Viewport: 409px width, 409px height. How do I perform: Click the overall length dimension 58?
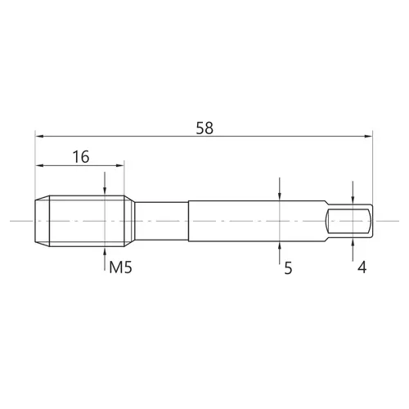[204, 128]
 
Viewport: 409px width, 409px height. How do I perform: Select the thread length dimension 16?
[81, 157]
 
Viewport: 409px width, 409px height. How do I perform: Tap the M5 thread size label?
[120, 267]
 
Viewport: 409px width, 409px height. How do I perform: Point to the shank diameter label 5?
[288, 268]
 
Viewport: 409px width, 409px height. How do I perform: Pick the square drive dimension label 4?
[362, 267]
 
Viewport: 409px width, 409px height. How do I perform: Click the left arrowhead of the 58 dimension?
[39, 136]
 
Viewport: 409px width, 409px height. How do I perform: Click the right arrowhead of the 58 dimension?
[368, 136]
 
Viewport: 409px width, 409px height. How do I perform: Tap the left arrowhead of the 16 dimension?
[39, 165]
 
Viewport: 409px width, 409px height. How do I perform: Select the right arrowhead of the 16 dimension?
[120, 165]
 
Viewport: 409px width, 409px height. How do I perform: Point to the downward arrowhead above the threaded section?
[105, 191]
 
